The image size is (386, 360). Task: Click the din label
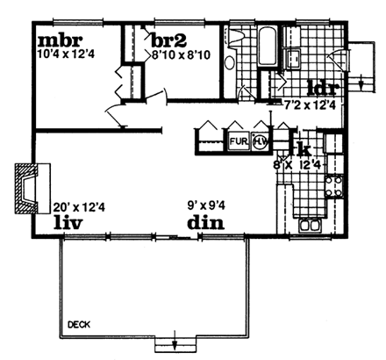pyautogui.click(x=204, y=222)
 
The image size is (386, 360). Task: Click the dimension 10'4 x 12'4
pyautogui.click(x=65, y=55)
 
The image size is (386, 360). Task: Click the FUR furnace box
pyautogui.click(x=238, y=140)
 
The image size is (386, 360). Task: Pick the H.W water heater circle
pyautogui.click(x=261, y=140)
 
